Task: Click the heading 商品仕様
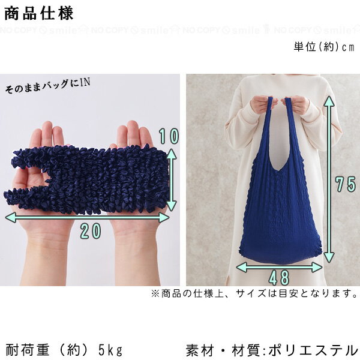click(39, 13)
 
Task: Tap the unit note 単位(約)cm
click(324, 47)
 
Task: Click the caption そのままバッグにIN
click(47, 86)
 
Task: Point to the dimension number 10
click(169, 136)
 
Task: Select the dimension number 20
click(91, 231)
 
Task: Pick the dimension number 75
click(346, 184)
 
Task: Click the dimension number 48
click(279, 278)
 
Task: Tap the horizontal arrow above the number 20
click(87, 217)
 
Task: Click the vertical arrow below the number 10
click(171, 179)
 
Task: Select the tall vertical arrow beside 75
click(329, 179)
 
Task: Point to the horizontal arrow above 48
click(279, 267)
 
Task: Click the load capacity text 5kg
click(110, 350)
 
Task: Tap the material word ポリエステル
click(313, 350)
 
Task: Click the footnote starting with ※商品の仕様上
click(254, 293)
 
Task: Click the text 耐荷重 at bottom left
click(27, 350)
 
